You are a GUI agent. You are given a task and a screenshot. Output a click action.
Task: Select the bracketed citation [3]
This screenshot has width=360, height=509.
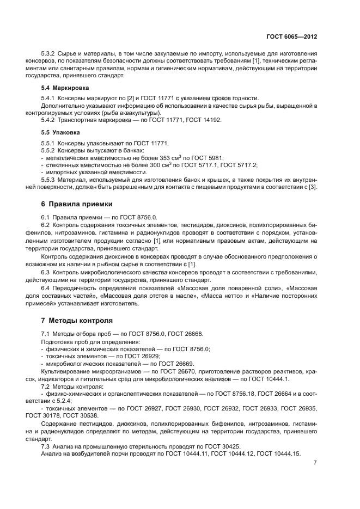(x=313, y=187)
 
